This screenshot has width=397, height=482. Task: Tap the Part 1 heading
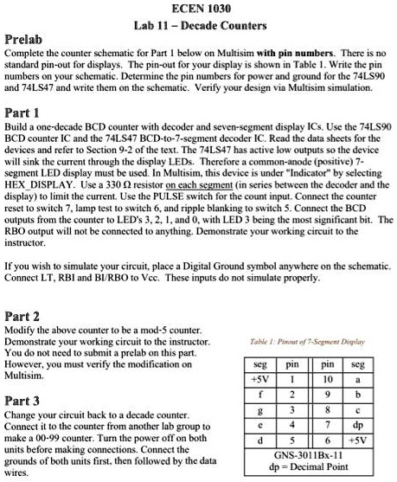pyautogui.click(x=23, y=114)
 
